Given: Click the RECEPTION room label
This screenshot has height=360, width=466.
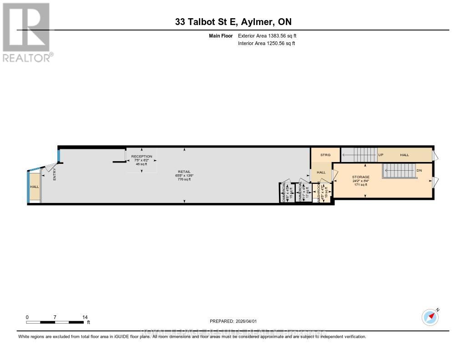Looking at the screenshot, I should (x=142, y=157).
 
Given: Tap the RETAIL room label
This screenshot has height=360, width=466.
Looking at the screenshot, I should (x=184, y=172).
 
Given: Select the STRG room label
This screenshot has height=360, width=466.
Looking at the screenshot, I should (x=325, y=155).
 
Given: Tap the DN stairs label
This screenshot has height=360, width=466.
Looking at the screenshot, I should (x=420, y=171).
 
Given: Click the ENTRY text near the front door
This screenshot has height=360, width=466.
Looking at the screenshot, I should (x=54, y=174).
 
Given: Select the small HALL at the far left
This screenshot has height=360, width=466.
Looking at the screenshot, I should (x=35, y=187).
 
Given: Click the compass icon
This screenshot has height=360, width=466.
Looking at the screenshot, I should (x=430, y=317).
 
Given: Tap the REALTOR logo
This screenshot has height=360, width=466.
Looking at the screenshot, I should (x=26, y=31).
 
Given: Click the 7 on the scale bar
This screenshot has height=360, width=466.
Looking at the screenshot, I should (x=55, y=317).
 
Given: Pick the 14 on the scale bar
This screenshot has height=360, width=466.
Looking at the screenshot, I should (x=84, y=317).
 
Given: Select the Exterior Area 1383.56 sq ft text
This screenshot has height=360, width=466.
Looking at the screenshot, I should (x=267, y=35).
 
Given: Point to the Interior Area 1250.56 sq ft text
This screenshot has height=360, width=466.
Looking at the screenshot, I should (x=266, y=44).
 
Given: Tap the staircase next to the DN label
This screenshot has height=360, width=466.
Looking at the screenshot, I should (x=397, y=172).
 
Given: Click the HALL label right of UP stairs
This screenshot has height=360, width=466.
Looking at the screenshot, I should (x=404, y=155).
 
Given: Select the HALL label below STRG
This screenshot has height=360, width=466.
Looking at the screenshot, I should (x=321, y=172).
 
